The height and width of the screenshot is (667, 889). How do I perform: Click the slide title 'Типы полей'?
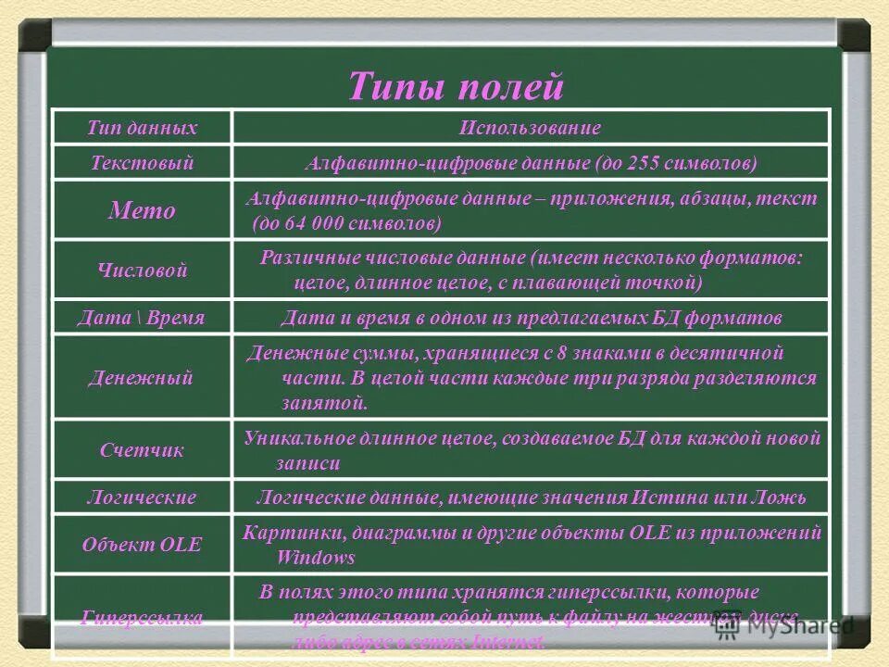pyautogui.click(x=456, y=86)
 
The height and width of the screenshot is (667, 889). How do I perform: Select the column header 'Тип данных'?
pyautogui.click(x=142, y=128)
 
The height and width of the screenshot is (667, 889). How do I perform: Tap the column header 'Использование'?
pyautogui.click(x=530, y=128)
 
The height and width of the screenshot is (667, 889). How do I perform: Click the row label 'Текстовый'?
pyautogui.click(x=142, y=163)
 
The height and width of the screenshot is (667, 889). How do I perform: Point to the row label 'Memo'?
pyautogui.click(x=142, y=210)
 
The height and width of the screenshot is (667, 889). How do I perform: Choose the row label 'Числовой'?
pyautogui.click(x=142, y=271)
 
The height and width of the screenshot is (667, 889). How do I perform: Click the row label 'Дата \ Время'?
pyautogui.click(x=142, y=318)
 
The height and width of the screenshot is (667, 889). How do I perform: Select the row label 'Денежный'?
pyautogui.click(x=142, y=377)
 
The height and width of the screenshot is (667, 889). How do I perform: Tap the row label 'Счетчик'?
pyautogui.click(x=142, y=450)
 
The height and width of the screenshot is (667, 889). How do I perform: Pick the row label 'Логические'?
pyautogui.click(x=142, y=497)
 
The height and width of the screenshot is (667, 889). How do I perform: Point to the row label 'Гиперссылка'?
pyautogui.click(x=142, y=618)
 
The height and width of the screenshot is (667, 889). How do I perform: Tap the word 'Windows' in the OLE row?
pyautogui.click(x=316, y=558)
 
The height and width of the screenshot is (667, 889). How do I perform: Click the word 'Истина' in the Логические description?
pyautogui.click(x=670, y=497)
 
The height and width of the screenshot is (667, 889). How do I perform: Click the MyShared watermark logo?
pyautogui.click(x=784, y=625)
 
